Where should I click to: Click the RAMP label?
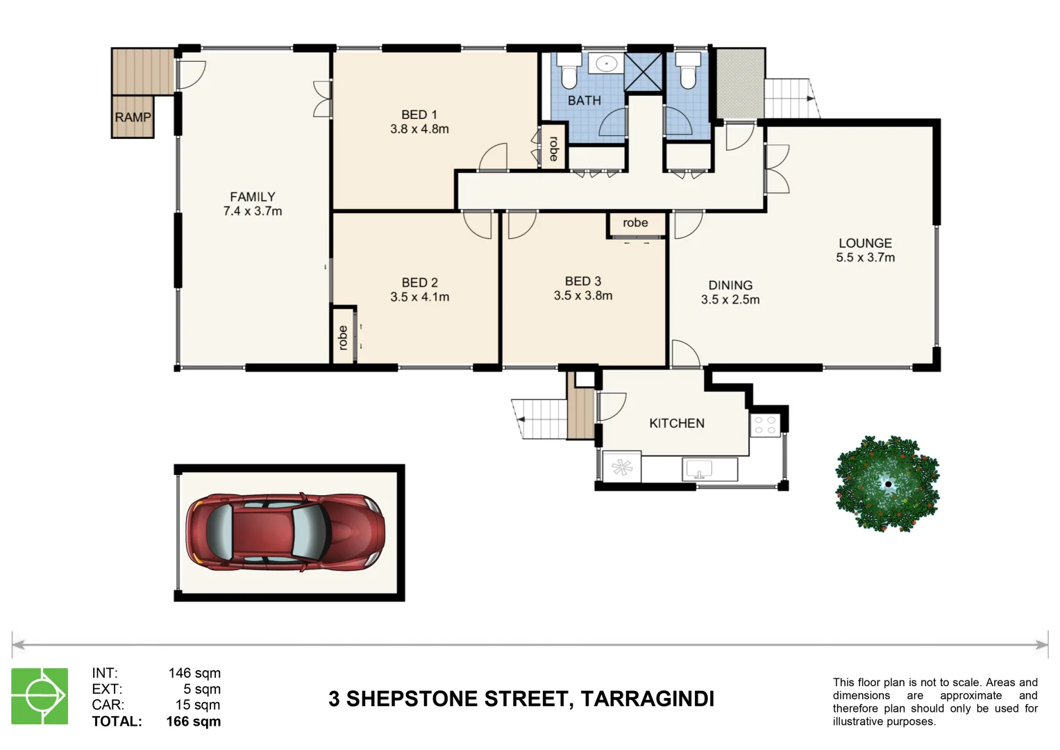[133, 117]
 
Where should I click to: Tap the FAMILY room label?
[253, 197]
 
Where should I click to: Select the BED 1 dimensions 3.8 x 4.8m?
[419, 129]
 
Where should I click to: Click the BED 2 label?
[419, 283]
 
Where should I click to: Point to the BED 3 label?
[582, 281]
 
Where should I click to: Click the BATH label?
[584, 101]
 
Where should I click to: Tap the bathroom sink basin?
[606, 64]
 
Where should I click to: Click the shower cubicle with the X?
[643, 72]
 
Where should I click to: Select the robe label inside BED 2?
[342, 337]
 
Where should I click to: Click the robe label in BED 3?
[635, 223]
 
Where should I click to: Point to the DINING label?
[730, 285]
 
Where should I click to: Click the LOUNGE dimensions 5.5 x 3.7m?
[865, 258]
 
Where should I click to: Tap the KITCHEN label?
[676, 424]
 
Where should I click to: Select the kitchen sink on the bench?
[700, 470]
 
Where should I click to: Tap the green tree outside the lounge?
[886, 483]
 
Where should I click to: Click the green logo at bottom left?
[40, 696]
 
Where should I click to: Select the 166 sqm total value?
[193, 722]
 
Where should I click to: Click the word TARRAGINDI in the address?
[647, 699]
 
